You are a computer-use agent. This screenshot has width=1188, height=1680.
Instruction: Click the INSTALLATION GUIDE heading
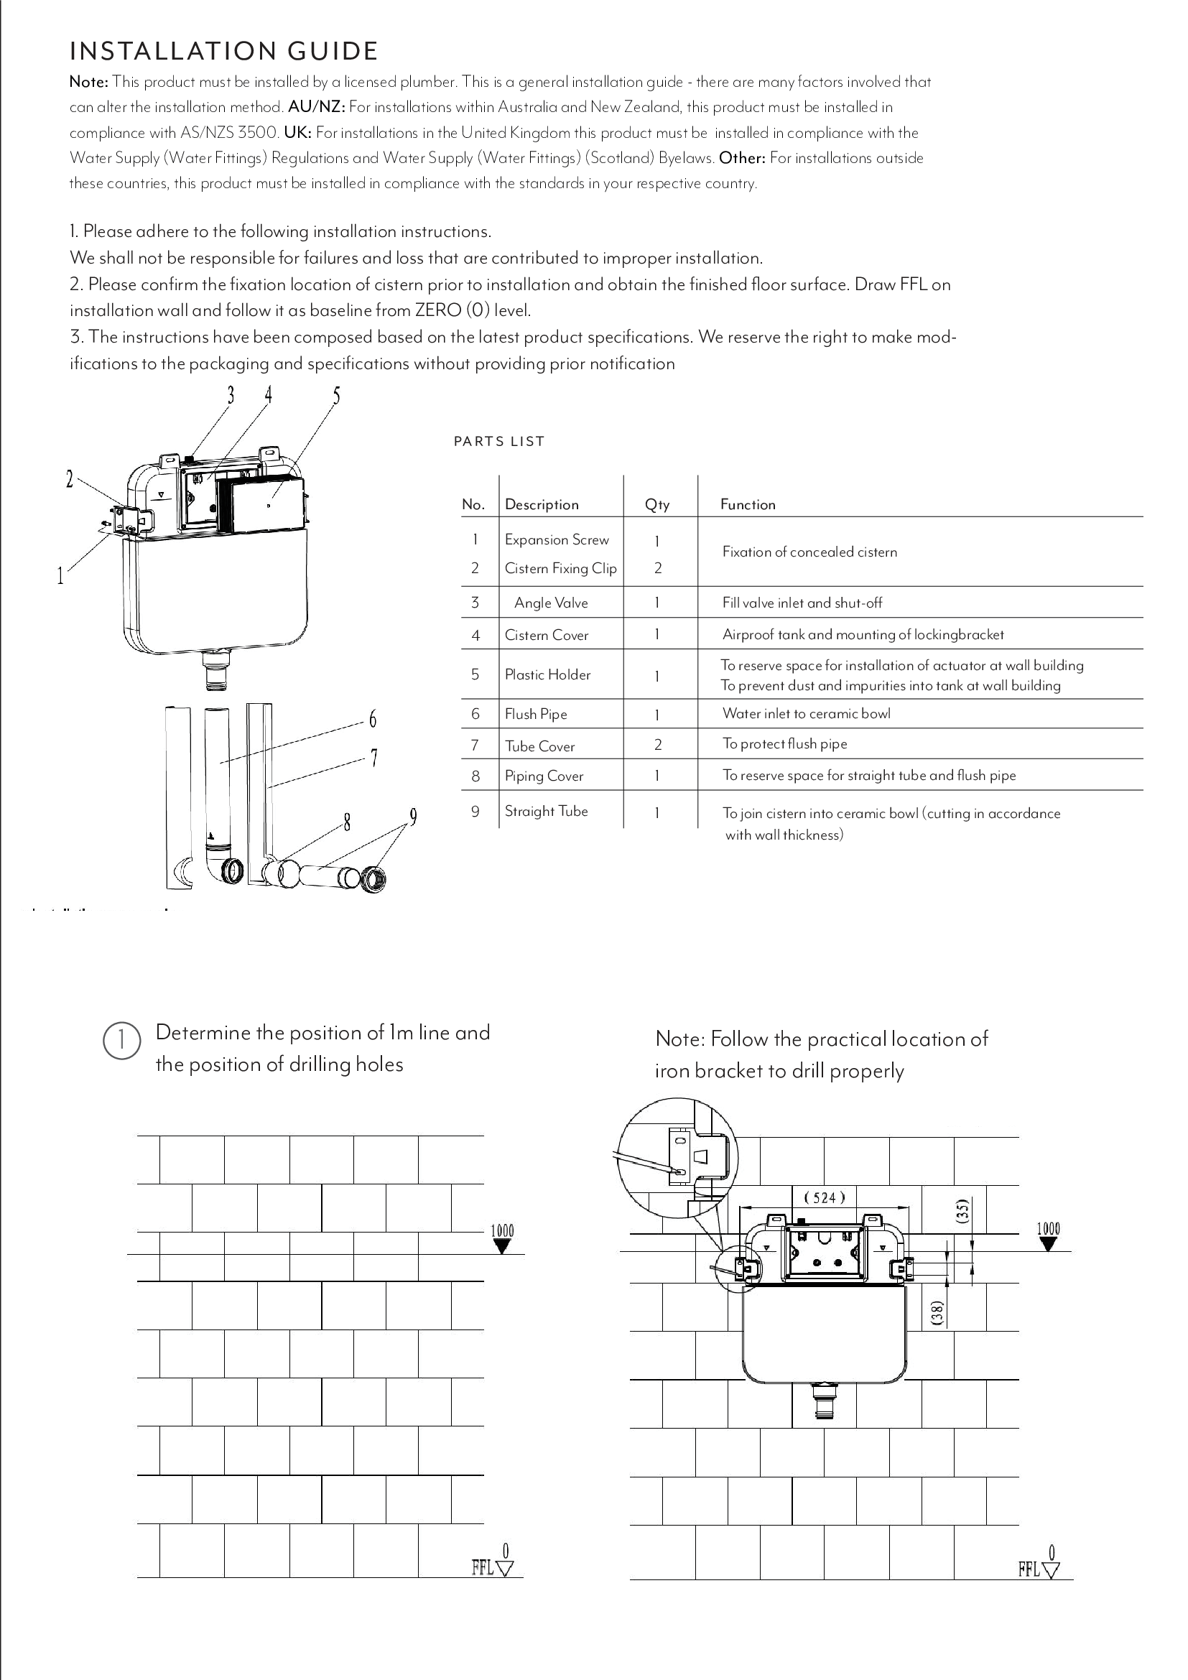click(223, 51)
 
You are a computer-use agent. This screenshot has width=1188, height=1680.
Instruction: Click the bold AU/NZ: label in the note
click(315, 107)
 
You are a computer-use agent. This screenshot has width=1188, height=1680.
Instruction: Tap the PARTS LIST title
click(499, 441)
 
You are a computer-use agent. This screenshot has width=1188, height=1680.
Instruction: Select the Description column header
click(542, 504)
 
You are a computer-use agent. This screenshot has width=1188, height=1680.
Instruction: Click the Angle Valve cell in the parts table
click(550, 603)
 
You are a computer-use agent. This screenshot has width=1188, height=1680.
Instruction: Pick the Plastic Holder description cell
click(547, 674)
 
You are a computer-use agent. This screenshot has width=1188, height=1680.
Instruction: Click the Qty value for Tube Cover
click(657, 745)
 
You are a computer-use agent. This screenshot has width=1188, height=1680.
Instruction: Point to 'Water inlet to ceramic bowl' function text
click(806, 713)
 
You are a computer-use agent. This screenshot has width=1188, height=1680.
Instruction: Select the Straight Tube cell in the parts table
click(546, 811)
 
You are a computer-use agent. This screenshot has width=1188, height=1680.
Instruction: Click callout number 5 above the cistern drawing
click(336, 396)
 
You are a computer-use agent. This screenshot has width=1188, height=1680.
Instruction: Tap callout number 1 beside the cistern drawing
click(61, 577)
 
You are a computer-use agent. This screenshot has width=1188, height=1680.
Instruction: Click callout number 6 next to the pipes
click(372, 720)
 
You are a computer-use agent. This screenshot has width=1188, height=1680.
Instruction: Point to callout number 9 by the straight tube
click(413, 817)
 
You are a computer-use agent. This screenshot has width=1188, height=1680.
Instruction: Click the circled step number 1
click(121, 1041)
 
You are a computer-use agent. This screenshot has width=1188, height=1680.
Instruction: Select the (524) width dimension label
click(825, 1198)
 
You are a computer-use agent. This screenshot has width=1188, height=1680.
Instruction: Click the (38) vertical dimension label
click(937, 1312)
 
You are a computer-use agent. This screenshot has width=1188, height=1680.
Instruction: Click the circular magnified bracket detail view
click(677, 1159)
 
